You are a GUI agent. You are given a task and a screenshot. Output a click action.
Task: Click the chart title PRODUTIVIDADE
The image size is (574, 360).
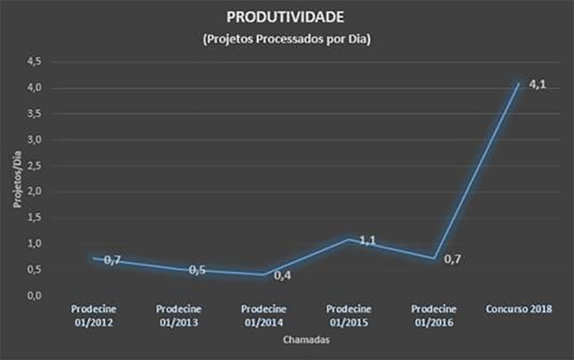286,16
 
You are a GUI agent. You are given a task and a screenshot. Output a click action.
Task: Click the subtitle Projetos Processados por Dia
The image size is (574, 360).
286,40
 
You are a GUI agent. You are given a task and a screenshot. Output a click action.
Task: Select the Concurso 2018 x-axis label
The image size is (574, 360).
518,309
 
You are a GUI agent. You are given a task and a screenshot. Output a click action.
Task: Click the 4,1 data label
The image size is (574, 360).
537,85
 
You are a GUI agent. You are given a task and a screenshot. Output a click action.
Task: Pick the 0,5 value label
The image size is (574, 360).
197,270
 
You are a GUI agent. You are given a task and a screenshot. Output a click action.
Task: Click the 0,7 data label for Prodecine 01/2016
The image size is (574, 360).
452,259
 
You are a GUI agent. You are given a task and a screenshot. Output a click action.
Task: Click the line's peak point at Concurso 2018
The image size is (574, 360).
518,85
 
